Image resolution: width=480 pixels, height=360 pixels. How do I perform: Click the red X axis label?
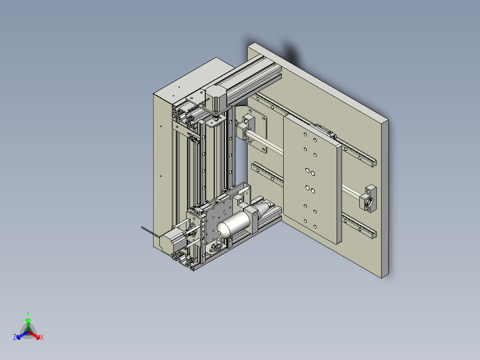[x=42, y=338]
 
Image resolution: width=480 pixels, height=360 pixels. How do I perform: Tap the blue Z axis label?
[x=15, y=338]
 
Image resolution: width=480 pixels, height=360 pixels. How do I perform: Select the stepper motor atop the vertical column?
[x=215, y=99]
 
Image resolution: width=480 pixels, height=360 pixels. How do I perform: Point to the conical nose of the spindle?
[x=264, y=207]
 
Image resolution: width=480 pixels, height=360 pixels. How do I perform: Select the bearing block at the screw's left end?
[x=248, y=126]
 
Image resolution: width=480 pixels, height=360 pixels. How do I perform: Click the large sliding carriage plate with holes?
[x=312, y=178]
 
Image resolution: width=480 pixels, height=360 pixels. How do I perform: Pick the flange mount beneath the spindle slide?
[x=217, y=247]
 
